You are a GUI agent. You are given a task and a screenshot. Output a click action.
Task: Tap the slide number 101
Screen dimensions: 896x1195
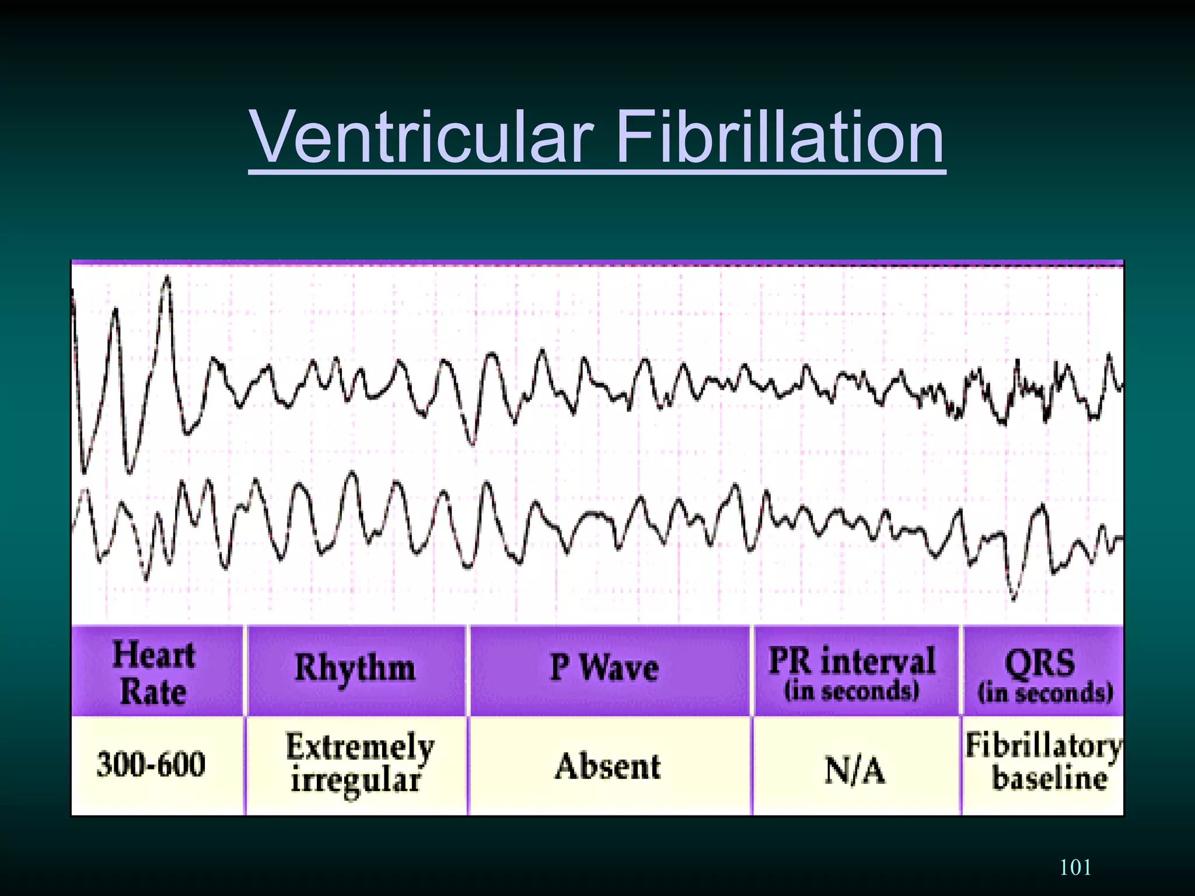(x=1075, y=867)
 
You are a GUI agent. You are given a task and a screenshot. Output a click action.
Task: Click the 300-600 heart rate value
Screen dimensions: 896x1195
(x=152, y=764)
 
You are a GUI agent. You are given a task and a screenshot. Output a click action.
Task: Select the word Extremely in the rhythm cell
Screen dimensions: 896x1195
(x=360, y=747)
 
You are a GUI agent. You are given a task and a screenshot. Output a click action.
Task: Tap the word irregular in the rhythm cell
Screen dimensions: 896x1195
(x=356, y=780)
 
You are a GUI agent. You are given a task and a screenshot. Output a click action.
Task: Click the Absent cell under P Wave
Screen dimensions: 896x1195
(x=608, y=766)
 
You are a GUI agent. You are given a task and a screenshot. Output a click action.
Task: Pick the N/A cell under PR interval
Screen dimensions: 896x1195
(x=855, y=770)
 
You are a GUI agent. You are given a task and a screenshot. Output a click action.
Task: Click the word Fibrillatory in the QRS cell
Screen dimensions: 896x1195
(x=1043, y=745)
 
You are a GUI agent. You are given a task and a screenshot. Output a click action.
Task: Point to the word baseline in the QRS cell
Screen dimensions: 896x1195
(x=1049, y=779)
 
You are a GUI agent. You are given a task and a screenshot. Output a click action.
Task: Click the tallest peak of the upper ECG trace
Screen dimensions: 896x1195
(x=168, y=279)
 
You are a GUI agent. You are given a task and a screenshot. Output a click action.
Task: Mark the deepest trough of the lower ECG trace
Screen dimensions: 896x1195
(x=1013, y=598)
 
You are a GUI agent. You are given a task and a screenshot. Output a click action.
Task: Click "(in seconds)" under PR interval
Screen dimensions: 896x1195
(x=852, y=691)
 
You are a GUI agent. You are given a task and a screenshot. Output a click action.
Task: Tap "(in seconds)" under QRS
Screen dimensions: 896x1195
(x=1045, y=693)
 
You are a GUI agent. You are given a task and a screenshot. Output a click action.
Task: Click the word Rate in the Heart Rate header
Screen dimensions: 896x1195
(x=153, y=692)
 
